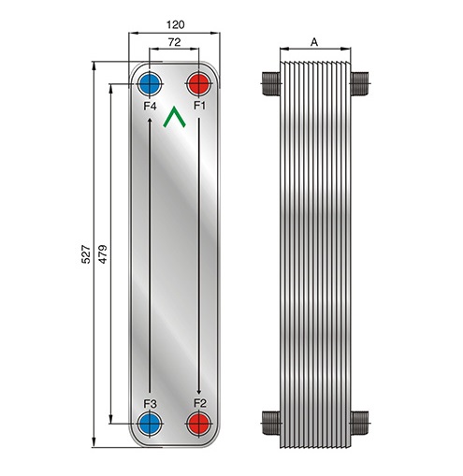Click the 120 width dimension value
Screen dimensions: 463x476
coord(175,24)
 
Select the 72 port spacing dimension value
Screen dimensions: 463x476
coord(174,42)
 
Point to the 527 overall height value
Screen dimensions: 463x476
coord(86,254)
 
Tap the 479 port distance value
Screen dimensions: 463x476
coord(103,254)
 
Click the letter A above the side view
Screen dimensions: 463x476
coord(314,42)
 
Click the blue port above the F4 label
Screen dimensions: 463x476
coord(150,84)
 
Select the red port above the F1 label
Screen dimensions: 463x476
coord(198,84)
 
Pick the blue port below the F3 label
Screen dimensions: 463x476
coord(150,424)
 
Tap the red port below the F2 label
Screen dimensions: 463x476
coord(198,424)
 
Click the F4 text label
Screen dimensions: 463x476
coord(150,107)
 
